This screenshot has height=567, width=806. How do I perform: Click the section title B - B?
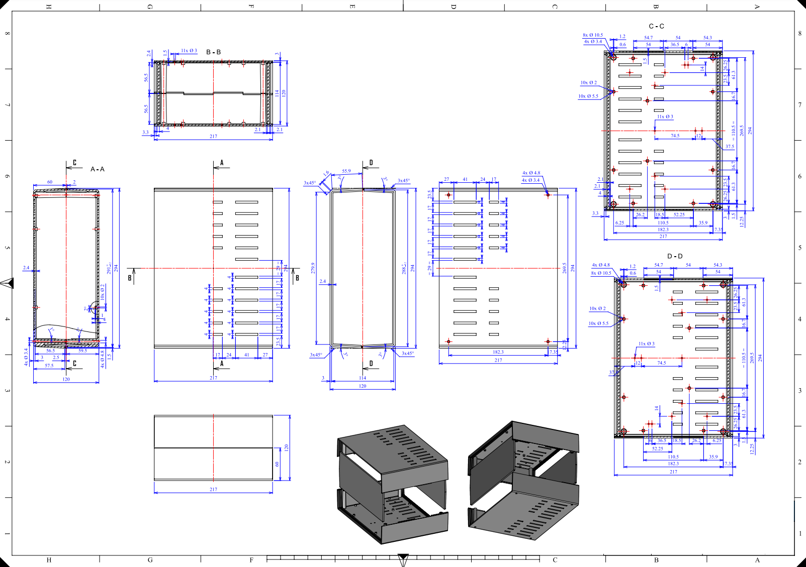click(x=213, y=52)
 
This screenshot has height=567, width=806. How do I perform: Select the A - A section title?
click(x=98, y=169)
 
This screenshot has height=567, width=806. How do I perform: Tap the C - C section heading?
click(x=656, y=26)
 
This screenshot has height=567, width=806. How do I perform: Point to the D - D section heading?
click(x=675, y=256)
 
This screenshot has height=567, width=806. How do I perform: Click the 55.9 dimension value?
click(x=346, y=171)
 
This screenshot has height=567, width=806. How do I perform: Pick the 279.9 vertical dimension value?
click(x=313, y=268)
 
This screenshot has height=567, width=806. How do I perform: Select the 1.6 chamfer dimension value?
click(x=326, y=173)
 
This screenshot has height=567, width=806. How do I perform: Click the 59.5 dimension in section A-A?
click(x=82, y=351)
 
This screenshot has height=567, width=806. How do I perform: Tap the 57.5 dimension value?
click(x=49, y=366)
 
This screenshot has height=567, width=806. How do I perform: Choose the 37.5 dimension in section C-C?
click(x=730, y=147)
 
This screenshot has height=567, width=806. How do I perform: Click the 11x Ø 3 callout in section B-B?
click(x=189, y=51)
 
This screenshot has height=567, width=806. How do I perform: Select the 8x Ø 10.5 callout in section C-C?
click(x=593, y=35)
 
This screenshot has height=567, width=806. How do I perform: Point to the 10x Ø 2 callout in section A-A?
click(x=103, y=292)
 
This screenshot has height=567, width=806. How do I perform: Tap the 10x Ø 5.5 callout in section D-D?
click(x=598, y=323)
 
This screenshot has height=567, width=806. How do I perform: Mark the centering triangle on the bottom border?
click(x=403, y=559)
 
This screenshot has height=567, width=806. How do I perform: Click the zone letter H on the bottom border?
click(x=49, y=560)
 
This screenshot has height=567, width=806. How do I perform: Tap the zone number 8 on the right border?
click(x=800, y=34)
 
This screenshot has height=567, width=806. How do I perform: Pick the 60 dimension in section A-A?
click(x=50, y=182)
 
